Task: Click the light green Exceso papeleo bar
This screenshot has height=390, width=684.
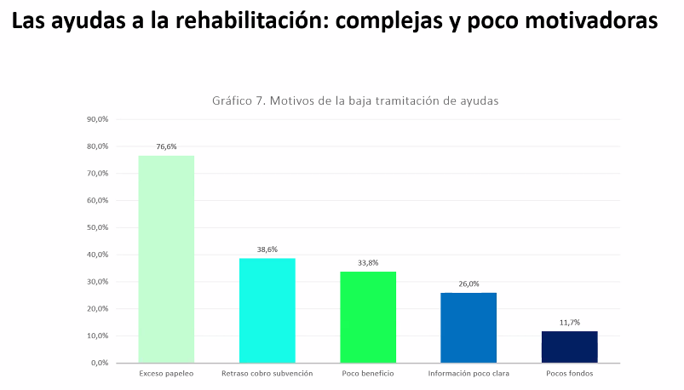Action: click(x=166, y=259)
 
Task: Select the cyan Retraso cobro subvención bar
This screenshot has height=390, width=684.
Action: click(x=267, y=311)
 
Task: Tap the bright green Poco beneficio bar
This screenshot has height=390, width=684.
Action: click(x=368, y=317)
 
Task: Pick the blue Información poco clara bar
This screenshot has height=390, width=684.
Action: click(x=468, y=328)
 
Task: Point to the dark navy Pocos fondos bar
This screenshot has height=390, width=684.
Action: click(x=569, y=347)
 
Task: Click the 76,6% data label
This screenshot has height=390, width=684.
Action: click(x=166, y=146)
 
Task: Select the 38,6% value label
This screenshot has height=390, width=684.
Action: click(x=267, y=249)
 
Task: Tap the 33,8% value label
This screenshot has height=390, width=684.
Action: click(x=368, y=262)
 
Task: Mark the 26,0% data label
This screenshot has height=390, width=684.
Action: click(x=468, y=284)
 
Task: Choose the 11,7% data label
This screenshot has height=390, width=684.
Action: click(x=569, y=322)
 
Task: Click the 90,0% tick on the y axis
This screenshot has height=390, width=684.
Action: click(x=98, y=119)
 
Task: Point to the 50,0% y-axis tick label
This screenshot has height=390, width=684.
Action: click(x=98, y=227)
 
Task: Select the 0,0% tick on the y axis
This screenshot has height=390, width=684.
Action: click(x=100, y=363)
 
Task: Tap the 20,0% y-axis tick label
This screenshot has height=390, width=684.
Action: click(x=98, y=309)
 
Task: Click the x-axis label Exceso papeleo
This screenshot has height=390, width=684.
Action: click(x=166, y=374)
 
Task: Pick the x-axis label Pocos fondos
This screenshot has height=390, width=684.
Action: click(x=569, y=374)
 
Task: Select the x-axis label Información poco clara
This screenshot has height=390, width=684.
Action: click(x=468, y=374)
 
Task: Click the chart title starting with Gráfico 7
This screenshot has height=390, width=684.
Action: click(x=354, y=100)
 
